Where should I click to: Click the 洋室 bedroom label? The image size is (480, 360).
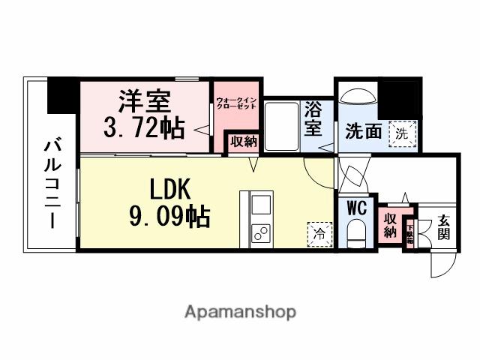[145, 100]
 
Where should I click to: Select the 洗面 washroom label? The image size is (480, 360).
[364, 132]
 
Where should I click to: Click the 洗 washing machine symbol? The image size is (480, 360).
[403, 133]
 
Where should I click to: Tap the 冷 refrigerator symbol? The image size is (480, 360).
[319, 234]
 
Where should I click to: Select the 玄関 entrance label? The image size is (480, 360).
[444, 226]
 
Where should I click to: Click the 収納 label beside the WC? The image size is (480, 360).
[391, 225]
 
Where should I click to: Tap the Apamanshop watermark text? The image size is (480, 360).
[239, 311]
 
